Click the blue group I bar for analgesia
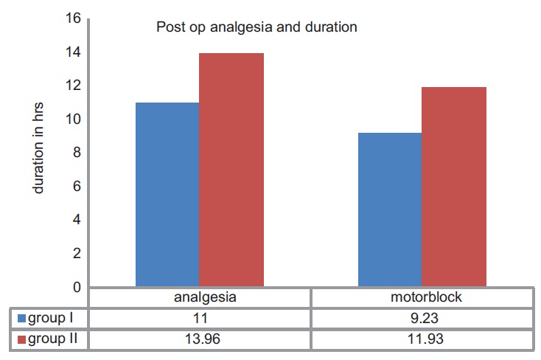coord(167,195)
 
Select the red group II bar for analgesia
coord(231,170)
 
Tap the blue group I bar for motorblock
coord(389,210)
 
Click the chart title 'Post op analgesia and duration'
coord(256,28)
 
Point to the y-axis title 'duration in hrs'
coord(39,152)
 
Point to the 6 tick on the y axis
coord(74,187)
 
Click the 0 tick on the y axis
coord(74,287)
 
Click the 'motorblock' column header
coord(421,299)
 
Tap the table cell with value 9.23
coord(421,319)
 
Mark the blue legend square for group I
coord(22,319)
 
